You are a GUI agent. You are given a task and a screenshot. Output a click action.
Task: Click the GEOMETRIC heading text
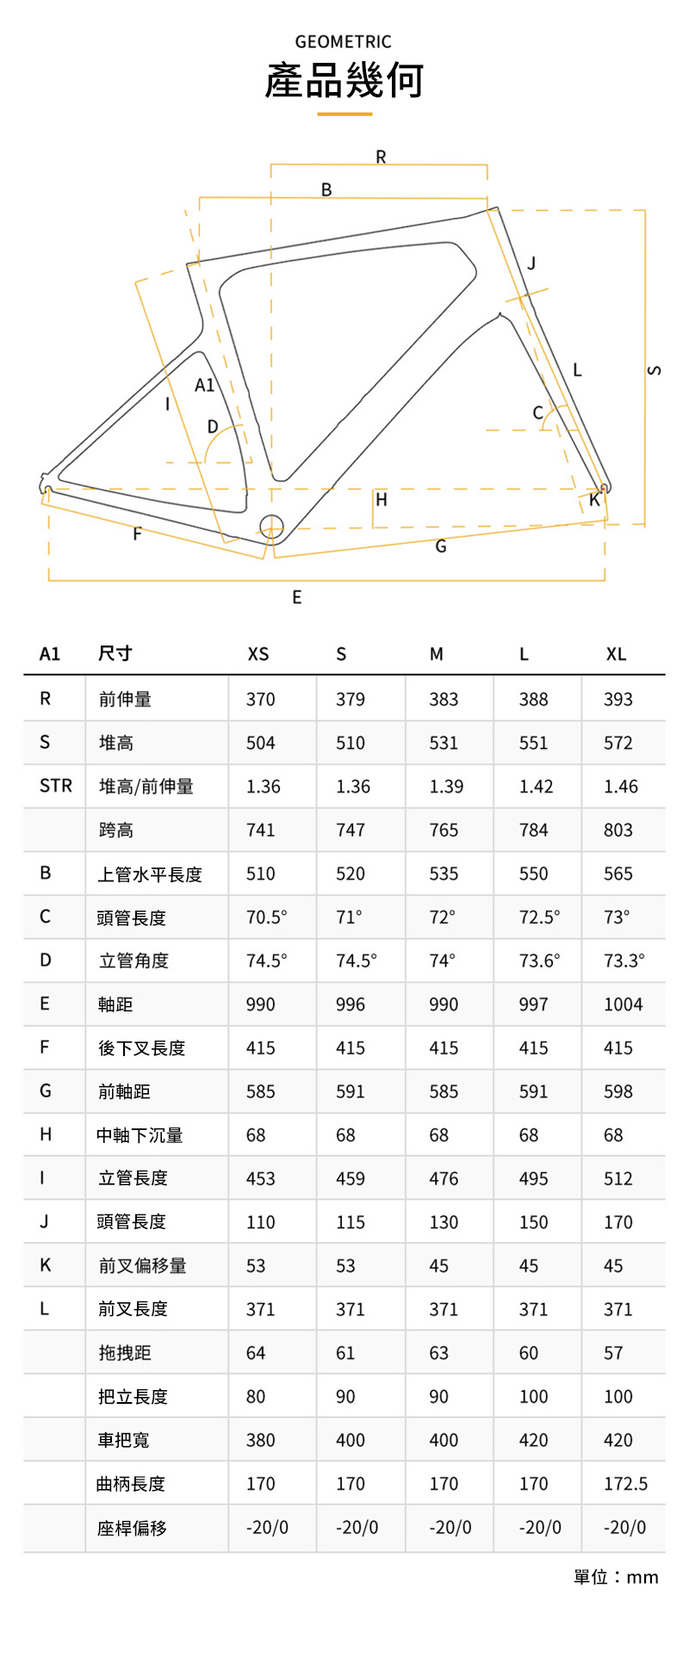click(343, 41)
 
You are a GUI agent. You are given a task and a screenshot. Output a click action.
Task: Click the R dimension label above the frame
click(381, 157)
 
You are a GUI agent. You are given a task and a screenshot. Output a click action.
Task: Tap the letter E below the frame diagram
click(297, 597)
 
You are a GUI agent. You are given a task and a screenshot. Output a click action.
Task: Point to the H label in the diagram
click(382, 499)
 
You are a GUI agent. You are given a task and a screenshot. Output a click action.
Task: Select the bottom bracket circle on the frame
click(270, 525)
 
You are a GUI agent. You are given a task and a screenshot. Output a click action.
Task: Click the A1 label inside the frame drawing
click(204, 385)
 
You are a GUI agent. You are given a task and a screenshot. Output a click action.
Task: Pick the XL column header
click(616, 654)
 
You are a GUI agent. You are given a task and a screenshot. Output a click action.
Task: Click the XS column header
click(258, 654)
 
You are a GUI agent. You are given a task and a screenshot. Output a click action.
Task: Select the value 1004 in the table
click(623, 1004)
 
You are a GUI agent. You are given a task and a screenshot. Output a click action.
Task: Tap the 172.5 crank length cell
click(625, 1484)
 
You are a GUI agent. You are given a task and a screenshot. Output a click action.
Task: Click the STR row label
click(56, 786)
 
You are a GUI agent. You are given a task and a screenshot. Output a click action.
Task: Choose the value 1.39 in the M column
click(446, 787)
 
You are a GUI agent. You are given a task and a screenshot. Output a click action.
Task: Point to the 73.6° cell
click(539, 961)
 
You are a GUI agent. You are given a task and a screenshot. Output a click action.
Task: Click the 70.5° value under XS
click(266, 918)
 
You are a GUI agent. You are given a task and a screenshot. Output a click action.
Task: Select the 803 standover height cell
click(618, 831)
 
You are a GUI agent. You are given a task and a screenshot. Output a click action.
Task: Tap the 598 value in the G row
click(618, 1091)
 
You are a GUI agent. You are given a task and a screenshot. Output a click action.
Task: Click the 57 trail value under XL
click(613, 1353)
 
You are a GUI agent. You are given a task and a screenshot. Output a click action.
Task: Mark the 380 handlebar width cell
click(260, 1440)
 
